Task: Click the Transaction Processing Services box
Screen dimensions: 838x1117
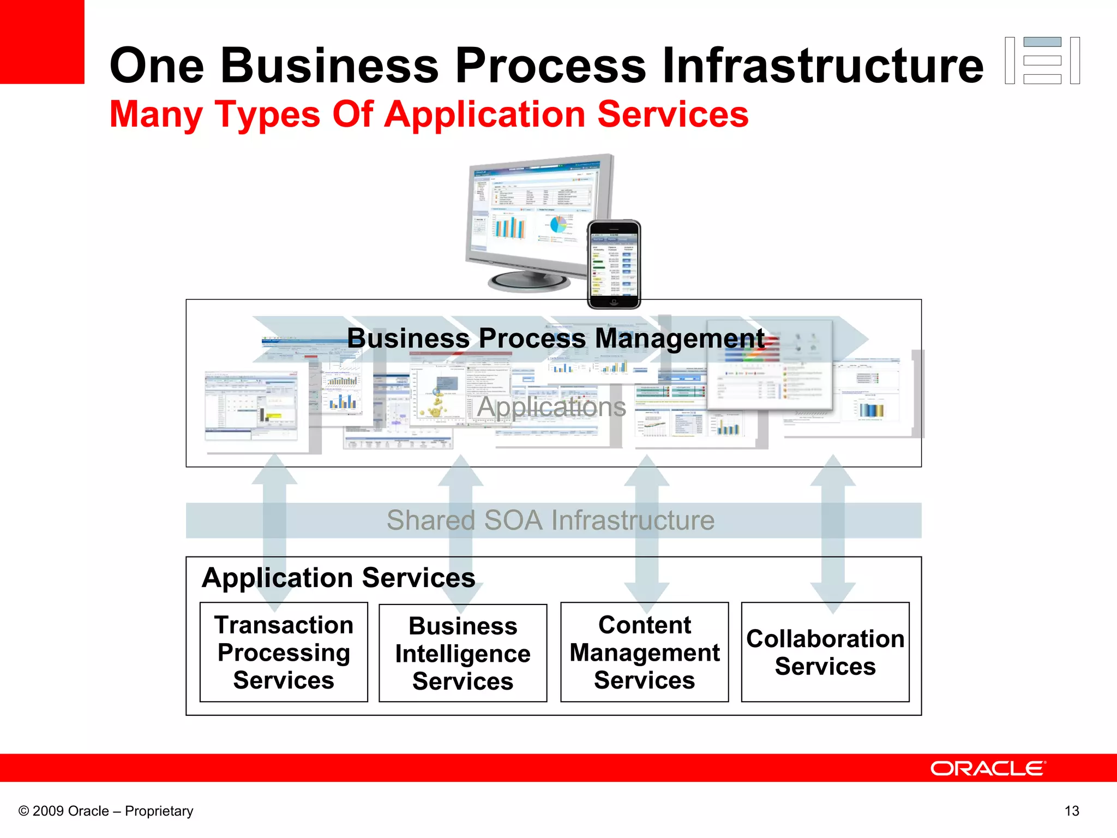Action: click(284, 652)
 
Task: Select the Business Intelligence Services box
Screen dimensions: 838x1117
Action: click(463, 653)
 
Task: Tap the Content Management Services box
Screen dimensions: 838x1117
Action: click(644, 652)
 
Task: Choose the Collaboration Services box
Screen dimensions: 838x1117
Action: click(825, 652)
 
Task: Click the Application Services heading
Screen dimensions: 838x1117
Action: click(338, 578)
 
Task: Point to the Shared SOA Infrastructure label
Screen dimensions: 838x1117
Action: click(550, 520)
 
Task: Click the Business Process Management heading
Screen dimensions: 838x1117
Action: click(555, 338)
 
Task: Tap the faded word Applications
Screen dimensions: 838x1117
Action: click(551, 407)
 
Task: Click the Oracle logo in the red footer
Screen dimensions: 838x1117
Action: click(988, 768)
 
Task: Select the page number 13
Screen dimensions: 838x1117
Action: click(1072, 811)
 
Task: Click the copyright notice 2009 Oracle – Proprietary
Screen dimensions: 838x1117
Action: click(106, 811)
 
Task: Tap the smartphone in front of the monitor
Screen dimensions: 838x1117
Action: click(614, 264)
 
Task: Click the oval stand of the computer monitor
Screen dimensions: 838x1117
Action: click(529, 282)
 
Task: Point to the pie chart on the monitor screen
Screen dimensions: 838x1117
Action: click(557, 224)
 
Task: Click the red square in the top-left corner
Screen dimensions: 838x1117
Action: click(42, 41)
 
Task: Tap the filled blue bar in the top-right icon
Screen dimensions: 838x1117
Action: click(1042, 42)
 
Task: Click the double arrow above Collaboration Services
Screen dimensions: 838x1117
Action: click(833, 535)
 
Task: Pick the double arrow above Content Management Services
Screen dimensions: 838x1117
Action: click(646, 535)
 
